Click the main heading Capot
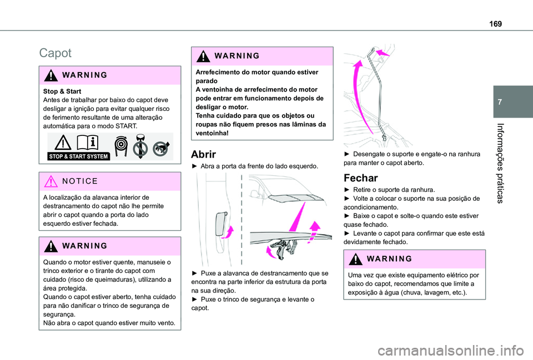(55, 53)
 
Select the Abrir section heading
(203, 155)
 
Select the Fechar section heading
(361, 178)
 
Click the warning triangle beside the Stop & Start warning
(53, 75)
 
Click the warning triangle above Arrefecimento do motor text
(204, 56)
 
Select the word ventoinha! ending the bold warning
(212, 134)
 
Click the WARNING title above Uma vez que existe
(381, 258)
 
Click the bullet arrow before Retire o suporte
(347, 190)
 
